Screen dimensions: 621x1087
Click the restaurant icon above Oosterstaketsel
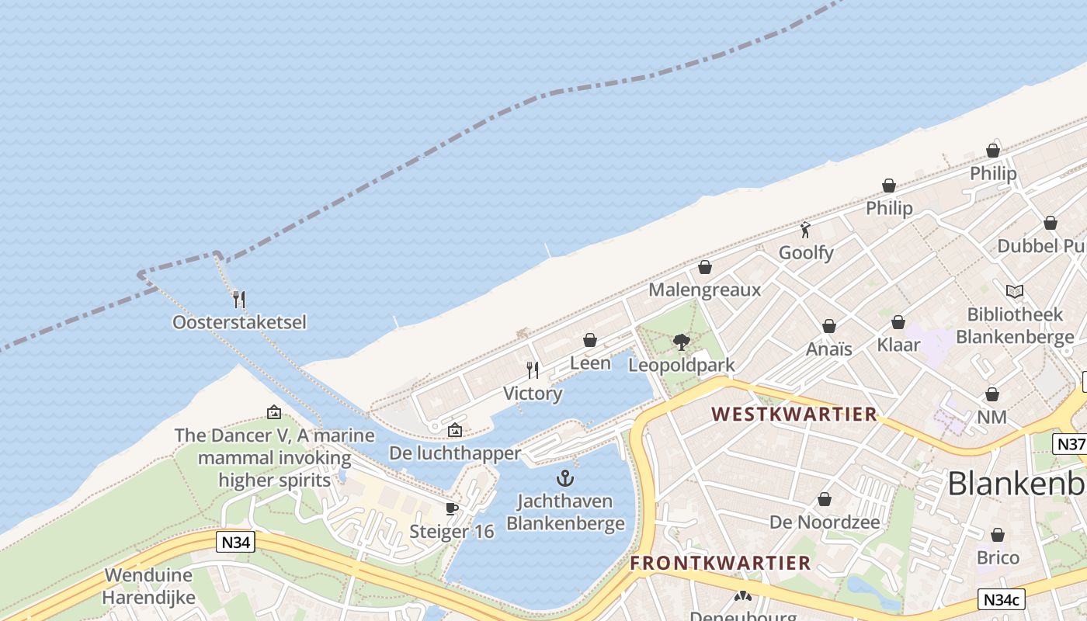tap(239, 299)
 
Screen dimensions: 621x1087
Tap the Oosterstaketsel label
tap(239, 321)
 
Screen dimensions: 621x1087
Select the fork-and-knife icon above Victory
tap(533, 370)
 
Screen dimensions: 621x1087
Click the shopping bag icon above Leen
tap(590, 340)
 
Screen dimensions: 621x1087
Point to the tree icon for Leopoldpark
tap(681, 342)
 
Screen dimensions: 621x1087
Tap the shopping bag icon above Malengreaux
tap(705, 268)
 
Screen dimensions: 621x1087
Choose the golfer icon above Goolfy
tap(805, 230)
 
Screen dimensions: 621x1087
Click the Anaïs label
tap(828, 349)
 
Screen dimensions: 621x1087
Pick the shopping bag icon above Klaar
tap(898, 322)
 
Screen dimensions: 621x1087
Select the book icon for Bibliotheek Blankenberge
tap(1014, 291)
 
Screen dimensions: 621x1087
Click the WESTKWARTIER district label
tap(794, 414)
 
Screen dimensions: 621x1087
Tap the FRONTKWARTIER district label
tap(720, 563)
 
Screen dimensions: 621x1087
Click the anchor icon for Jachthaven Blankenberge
tap(565, 478)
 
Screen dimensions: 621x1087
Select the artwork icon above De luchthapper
tap(455, 430)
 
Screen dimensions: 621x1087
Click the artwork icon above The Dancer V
tap(274, 412)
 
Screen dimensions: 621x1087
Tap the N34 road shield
tap(235, 543)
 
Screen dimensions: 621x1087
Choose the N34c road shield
tap(1002, 599)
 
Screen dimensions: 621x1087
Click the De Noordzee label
tap(825, 522)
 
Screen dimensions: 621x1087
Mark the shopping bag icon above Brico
tap(998, 535)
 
